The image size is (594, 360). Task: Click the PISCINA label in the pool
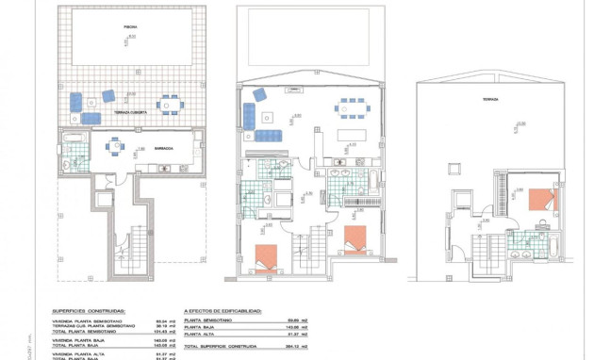coord(129,28)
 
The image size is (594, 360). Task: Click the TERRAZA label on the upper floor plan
coord(489,98)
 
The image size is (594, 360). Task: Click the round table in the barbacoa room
coord(116,146)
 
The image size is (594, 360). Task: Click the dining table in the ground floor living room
coord(351,106)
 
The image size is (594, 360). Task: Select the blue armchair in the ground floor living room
coord(259,93)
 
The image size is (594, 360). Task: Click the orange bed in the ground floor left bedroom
coord(267,255)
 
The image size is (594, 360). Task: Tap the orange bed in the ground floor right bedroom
coord(355,238)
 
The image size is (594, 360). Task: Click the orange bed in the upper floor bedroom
coord(541,199)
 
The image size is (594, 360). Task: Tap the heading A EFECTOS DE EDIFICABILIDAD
coord(223,310)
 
